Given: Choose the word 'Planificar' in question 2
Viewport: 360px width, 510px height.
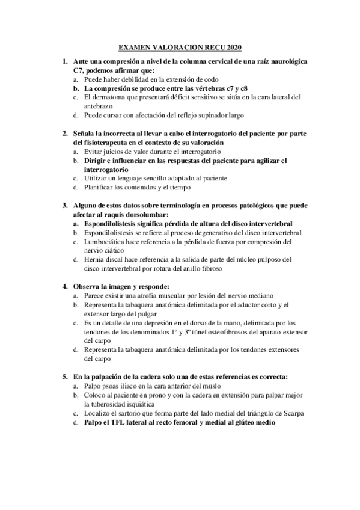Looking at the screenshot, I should (x=100, y=188).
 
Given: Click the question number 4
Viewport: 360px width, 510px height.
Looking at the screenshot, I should (x=64, y=286).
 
